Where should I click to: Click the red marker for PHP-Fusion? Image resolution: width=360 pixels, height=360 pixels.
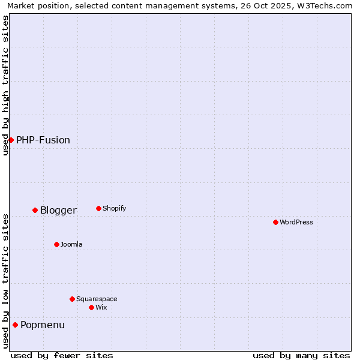11,140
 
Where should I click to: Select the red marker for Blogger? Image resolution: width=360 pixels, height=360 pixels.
35,210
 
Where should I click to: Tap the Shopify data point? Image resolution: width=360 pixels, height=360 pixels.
98,208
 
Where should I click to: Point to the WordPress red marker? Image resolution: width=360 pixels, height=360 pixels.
275,222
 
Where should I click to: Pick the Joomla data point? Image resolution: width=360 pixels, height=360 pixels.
56,244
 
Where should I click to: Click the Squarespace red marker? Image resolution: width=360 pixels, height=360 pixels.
72,299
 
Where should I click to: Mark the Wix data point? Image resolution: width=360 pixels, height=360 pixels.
91,307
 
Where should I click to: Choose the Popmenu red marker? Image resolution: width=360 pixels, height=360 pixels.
15,325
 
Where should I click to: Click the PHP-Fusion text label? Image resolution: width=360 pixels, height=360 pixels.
43,140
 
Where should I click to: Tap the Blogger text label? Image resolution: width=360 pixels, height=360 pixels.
58,210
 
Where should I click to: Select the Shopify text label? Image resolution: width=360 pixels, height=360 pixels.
114,208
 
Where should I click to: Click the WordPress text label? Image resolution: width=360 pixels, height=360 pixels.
296,222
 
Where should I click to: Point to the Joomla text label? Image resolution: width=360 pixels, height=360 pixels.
71,244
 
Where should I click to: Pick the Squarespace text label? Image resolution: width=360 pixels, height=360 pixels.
97,299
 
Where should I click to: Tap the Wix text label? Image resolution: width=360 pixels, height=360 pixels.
101,307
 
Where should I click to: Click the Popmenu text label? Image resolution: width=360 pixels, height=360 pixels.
43,325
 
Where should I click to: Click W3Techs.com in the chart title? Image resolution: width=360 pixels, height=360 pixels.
322,5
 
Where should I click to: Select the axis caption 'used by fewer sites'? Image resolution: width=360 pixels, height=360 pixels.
62,355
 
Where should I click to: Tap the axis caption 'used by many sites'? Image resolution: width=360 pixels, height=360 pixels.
301,355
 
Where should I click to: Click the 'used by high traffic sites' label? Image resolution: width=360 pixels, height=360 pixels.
5,85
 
